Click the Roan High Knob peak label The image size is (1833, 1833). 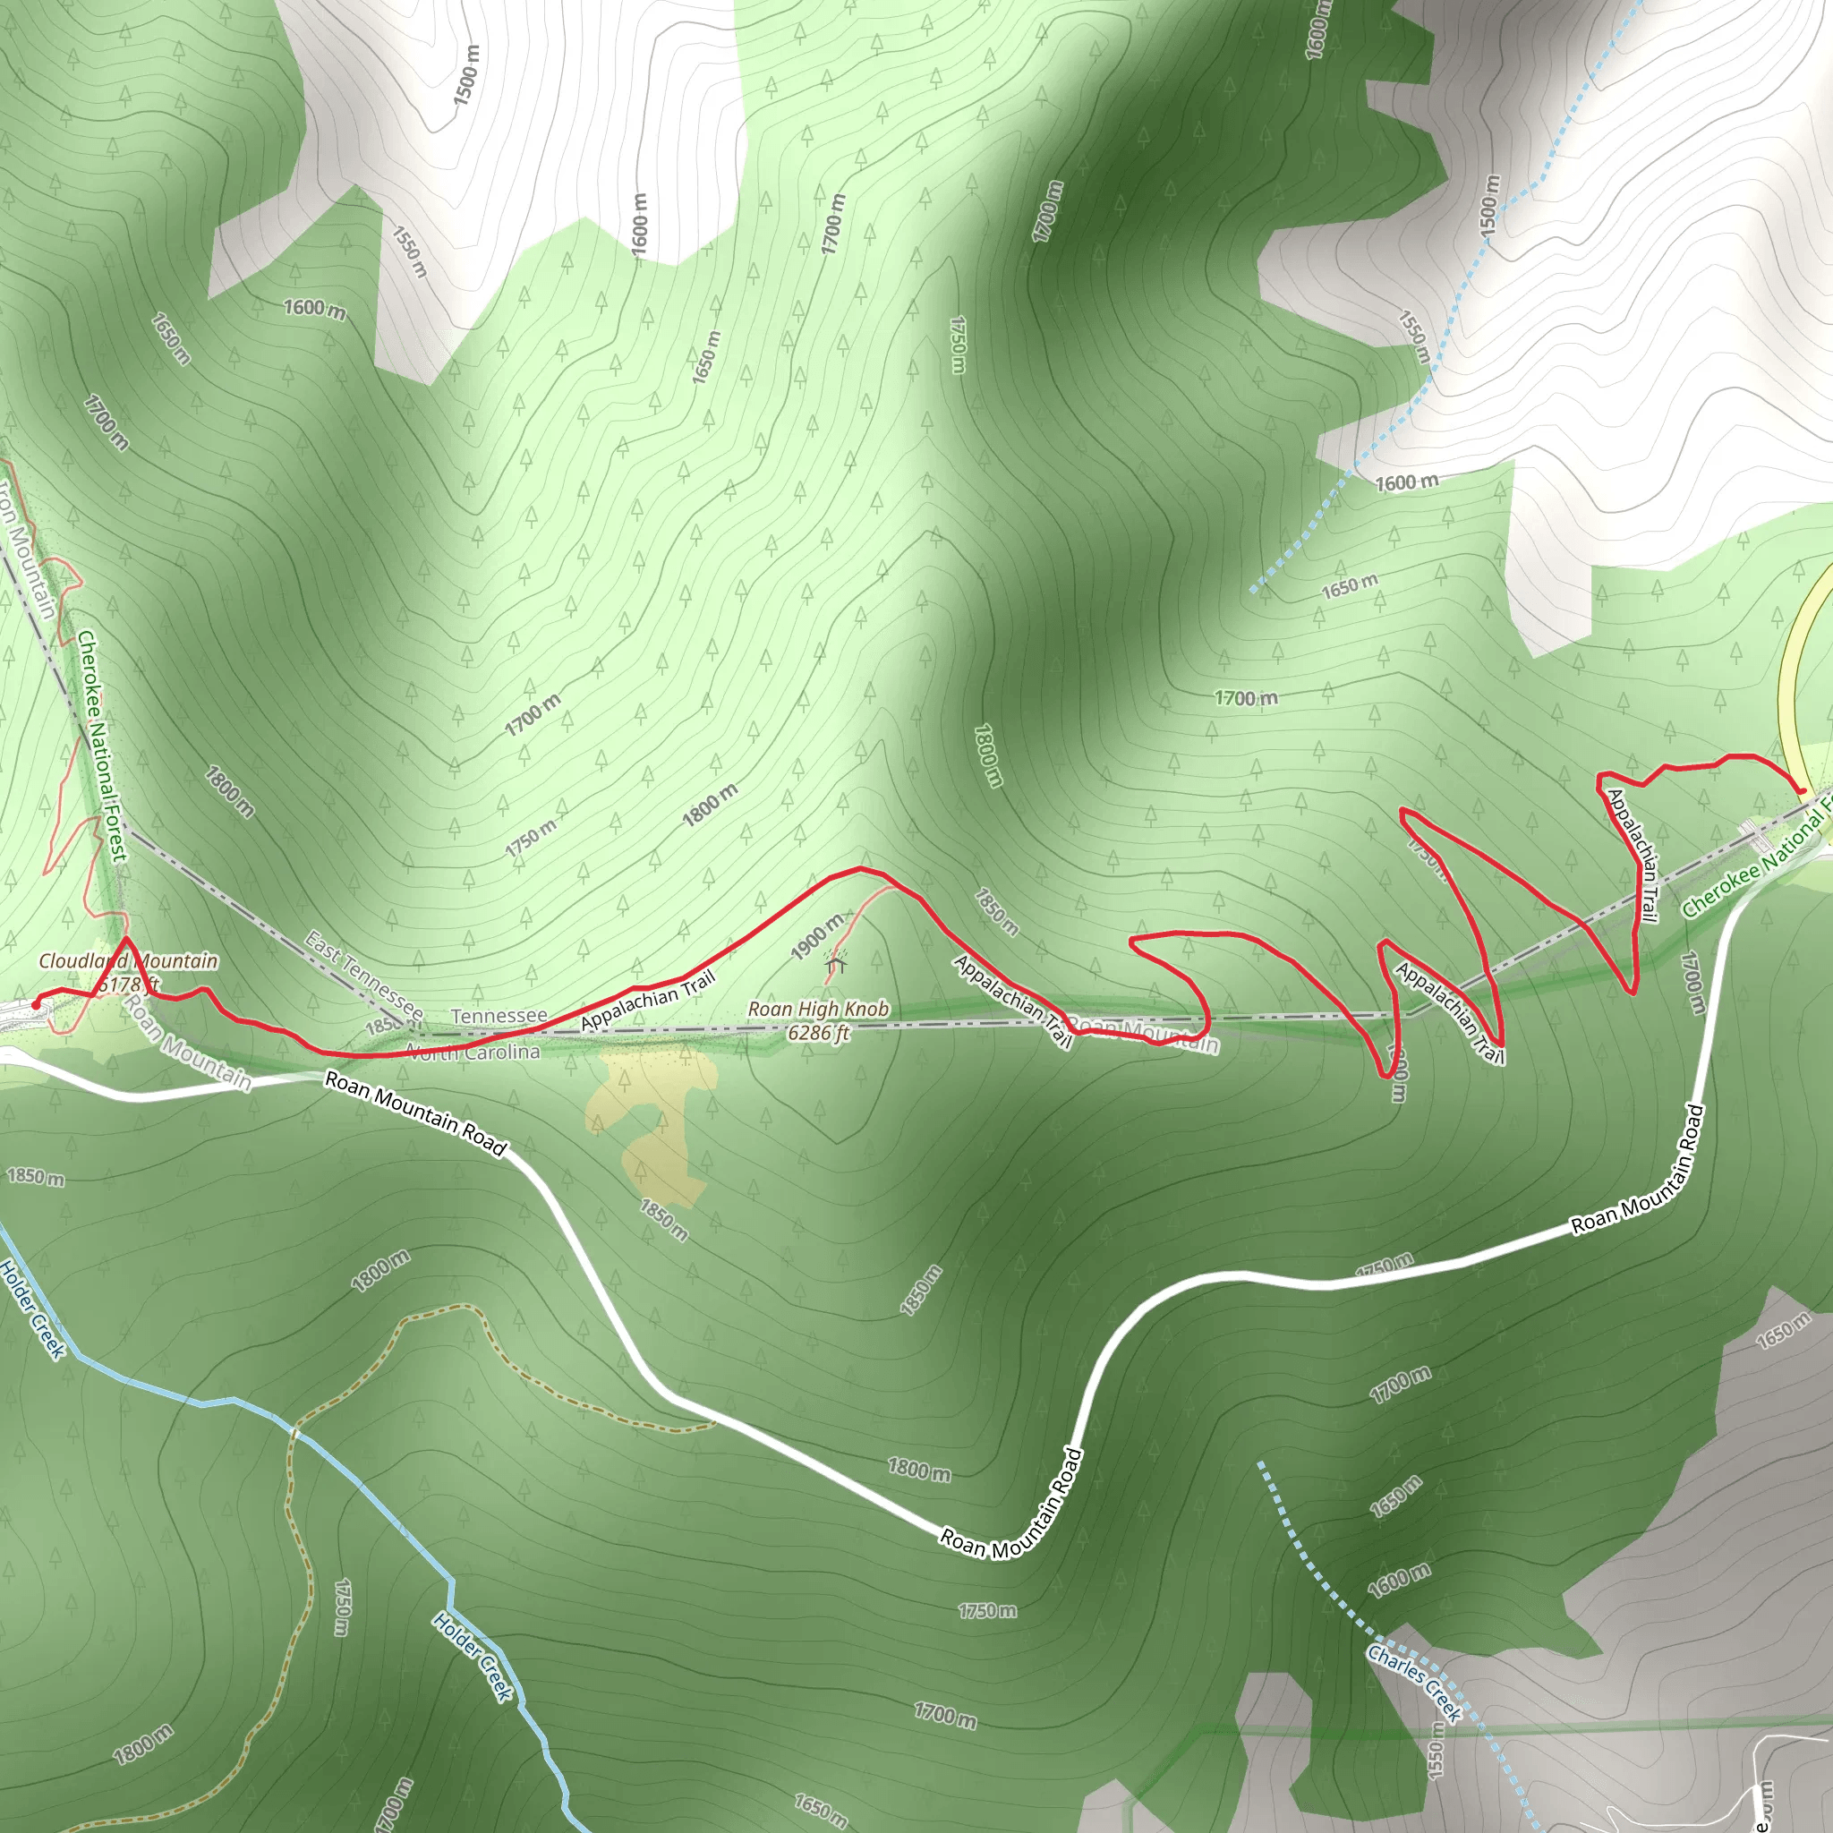tap(818, 1020)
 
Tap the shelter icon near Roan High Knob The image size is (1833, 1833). tap(835, 964)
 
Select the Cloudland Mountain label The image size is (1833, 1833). tap(128, 961)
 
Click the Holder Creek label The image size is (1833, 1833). tap(32, 1309)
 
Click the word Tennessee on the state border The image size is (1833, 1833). tap(499, 1016)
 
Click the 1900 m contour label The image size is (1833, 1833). tap(817, 936)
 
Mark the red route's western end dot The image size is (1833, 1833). tap(36, 1004)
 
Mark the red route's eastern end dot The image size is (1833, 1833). tap(1801, 790)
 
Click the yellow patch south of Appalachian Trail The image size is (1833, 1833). tap(654, 1124)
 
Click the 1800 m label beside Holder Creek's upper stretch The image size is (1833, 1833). tap(380, 1271)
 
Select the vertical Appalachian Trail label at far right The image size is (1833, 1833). tap(1632, 855)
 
